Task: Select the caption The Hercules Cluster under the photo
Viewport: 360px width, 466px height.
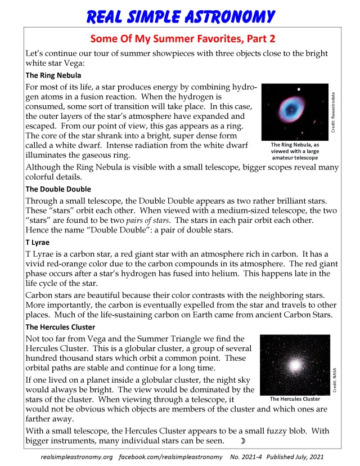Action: point(295,399)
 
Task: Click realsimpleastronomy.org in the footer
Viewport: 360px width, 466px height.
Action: point(77,456)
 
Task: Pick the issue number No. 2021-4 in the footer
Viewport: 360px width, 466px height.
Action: point(248,456)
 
